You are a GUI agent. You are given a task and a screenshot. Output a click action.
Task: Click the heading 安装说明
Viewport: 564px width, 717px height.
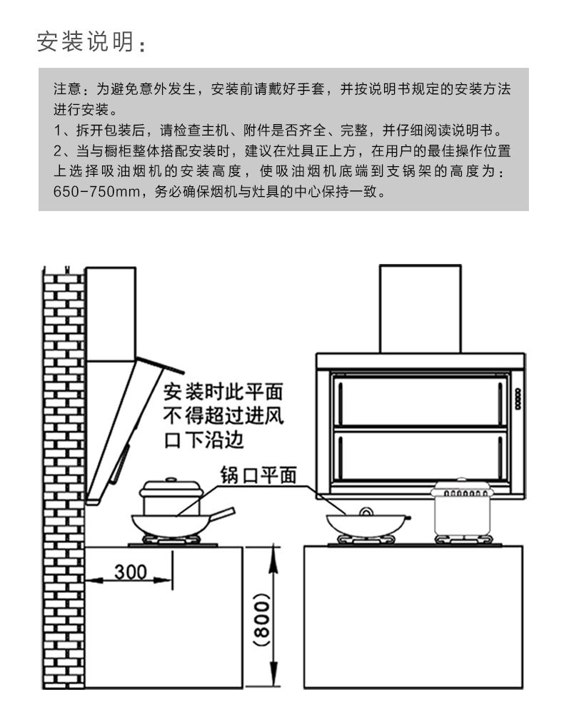tap(86, 42)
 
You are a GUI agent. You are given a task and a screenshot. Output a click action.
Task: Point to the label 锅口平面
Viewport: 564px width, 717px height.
tap(257, 475)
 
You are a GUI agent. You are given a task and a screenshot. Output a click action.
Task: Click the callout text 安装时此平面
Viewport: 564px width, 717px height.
tap(224, 392)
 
